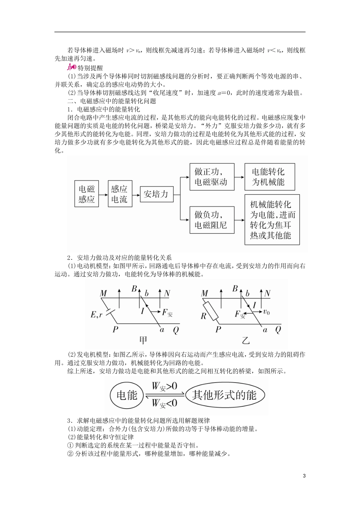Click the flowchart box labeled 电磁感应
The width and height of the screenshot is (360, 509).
point(86,194)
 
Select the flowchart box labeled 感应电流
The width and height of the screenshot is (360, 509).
point(119,194)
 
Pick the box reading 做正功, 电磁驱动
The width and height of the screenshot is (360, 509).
point(211,177)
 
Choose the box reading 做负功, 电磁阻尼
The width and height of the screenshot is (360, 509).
point(211,220)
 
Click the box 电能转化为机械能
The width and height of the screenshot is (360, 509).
point(268,177)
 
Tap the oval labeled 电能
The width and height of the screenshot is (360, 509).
point(127,395)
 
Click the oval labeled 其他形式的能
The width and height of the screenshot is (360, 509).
point(224,395)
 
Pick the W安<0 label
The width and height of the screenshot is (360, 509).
point(164,403)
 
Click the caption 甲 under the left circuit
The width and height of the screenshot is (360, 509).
point(143,340)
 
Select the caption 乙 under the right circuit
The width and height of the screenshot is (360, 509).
point(246,340)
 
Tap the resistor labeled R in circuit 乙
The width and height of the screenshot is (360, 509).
point(210,311)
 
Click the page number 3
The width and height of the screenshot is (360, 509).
point(304,476)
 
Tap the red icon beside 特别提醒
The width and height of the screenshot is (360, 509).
point(71,68)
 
